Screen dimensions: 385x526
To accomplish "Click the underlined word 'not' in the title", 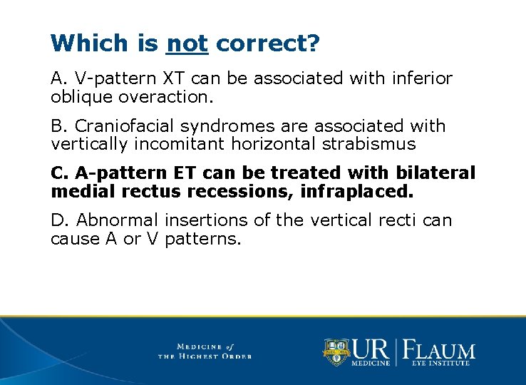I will (x=187, y=44).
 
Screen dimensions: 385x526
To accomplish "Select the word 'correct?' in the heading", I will (x=267, y=44).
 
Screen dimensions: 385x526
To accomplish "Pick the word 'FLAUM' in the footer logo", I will (x=440, y=350).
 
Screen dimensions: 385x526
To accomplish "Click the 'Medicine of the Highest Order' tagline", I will (x=205, y=351).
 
